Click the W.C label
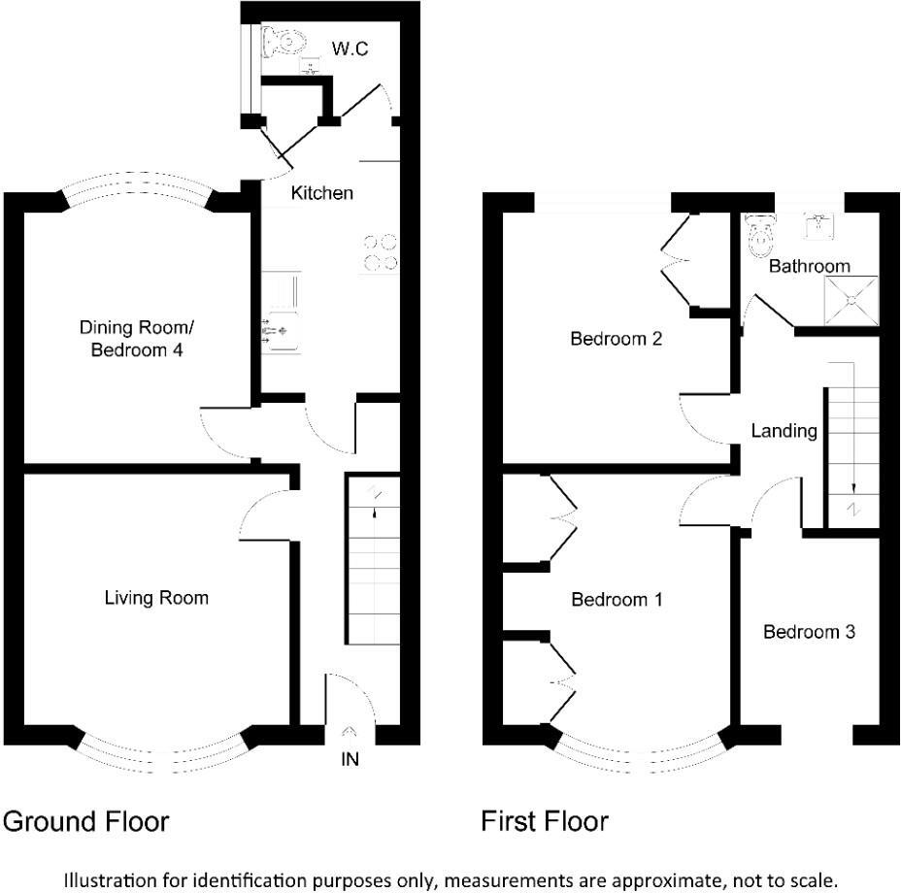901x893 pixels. pyautogui.click(x=350, y=49)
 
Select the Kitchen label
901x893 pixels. pyautogui.click(x=322, y=193)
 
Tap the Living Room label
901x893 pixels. pyautogui.click(x=156, y=597)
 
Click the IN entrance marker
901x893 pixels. pyautogui.click(x=350, y=759)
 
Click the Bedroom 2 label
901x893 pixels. pyautogui.click(x=616, y=339)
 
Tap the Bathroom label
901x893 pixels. pyautogui.click(x=809, y=265)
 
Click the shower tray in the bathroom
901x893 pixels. pyautogui.click(x=851, y=300)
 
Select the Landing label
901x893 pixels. pyautogui.click(x=784, y=430)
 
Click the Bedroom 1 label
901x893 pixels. pyautogui.click(x=617, y=600)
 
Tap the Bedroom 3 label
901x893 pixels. pyautogui.click(x=809, y=632)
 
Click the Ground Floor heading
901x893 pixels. pyautogui.click(x=85, y=822)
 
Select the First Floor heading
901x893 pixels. pyautogui.click(x=545, y=822)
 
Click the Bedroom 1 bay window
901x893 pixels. pyautogui.click(x=641, y=752)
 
